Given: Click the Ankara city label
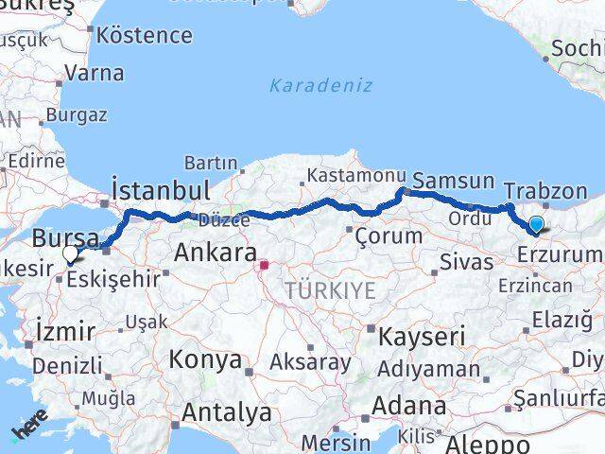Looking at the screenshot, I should pos(216,253).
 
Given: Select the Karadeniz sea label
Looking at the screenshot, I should pos(320,85).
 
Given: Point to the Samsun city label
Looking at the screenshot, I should pos(454,181).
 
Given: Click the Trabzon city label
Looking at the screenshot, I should pos(545,191).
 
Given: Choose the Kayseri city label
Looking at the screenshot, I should pos(422,336).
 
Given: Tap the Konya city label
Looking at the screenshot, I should pos(204,360).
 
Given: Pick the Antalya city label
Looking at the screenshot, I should pos(226,413).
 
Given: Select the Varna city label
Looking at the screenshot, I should pos(94,72).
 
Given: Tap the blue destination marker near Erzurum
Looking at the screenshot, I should pos(537,225).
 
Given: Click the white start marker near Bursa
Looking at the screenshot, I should pos(71,253).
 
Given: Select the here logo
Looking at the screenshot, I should pos(28,430).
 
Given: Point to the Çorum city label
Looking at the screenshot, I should pos(381,234).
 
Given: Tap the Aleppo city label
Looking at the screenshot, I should pos(489,445).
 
